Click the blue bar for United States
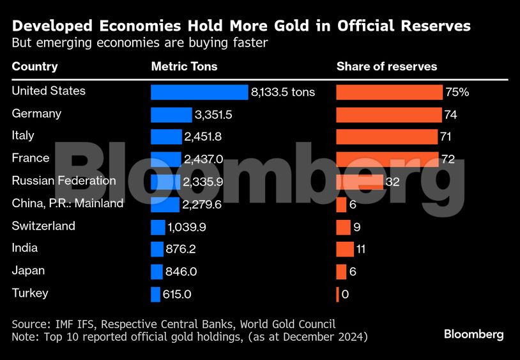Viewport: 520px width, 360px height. point(199,92)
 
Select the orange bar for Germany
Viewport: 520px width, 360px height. point(388,114)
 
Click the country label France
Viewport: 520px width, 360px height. point(30,158)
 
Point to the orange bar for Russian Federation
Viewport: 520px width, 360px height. point(360,182)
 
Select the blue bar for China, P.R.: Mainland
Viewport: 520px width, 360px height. point(165,205)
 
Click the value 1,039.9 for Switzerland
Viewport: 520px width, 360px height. point(187,227)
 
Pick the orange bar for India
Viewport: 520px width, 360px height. point(344,249)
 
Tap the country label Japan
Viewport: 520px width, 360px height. point(28,270)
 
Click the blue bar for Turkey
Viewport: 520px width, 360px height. point(155,294)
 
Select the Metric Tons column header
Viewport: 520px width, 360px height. point(184,67)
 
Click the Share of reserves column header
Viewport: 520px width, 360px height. point(386,67)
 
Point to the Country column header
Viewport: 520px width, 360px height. point(34,67)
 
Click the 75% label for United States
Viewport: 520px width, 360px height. point(457,92)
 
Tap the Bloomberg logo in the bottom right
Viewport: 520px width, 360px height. point(473,334)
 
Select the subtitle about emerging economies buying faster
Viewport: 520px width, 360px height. point(139,43)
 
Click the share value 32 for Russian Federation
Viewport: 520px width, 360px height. point(393,182)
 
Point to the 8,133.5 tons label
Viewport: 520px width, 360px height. point(283,92)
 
